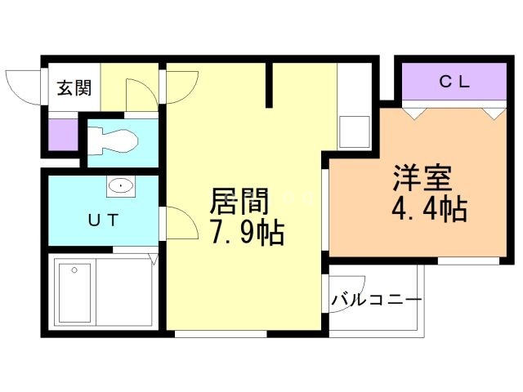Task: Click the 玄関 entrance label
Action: coord(74,88)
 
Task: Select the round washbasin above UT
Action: coord(122,185)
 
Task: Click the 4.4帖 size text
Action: coord(429,210)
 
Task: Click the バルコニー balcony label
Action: coord(377,301)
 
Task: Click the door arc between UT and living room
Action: coord(180,220)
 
